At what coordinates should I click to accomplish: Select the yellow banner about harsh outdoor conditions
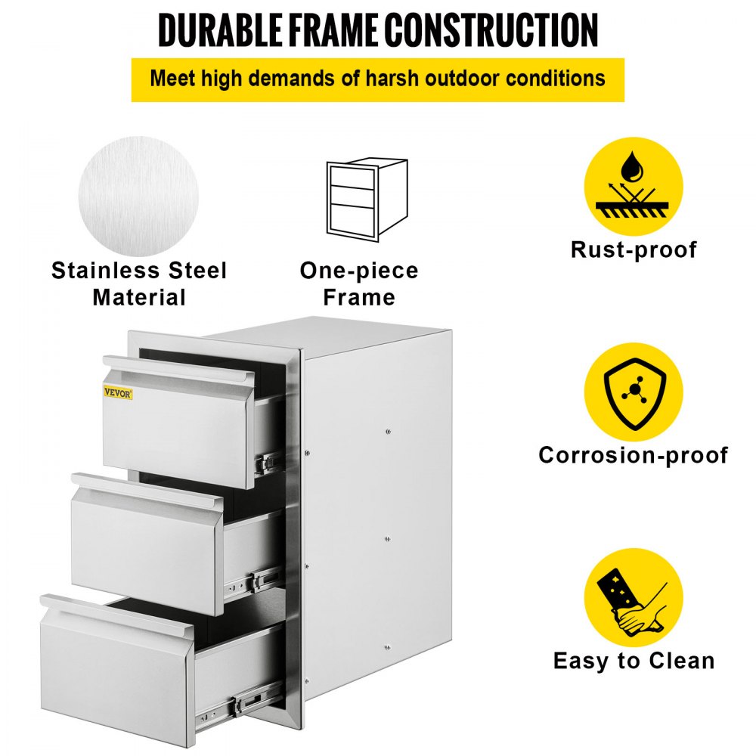point(377,79)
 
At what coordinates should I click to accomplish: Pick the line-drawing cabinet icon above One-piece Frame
point(366,199)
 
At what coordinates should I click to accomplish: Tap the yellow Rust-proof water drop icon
point(633,187)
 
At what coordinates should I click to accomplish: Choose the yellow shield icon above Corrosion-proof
point(633,392)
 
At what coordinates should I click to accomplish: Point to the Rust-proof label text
point(634,249)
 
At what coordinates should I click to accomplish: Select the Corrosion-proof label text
point(633,455)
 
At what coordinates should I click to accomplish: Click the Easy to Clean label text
point(634,661)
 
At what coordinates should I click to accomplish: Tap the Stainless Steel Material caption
point(139,283)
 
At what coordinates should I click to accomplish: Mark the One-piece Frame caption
point(358,283)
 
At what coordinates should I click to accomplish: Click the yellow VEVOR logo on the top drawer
point(118,392)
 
